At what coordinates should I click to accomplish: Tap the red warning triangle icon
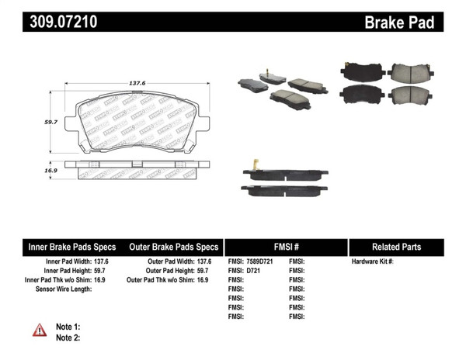(40, 331)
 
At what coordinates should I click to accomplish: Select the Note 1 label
(68, 327)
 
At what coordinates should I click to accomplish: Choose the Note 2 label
(68, 337)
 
